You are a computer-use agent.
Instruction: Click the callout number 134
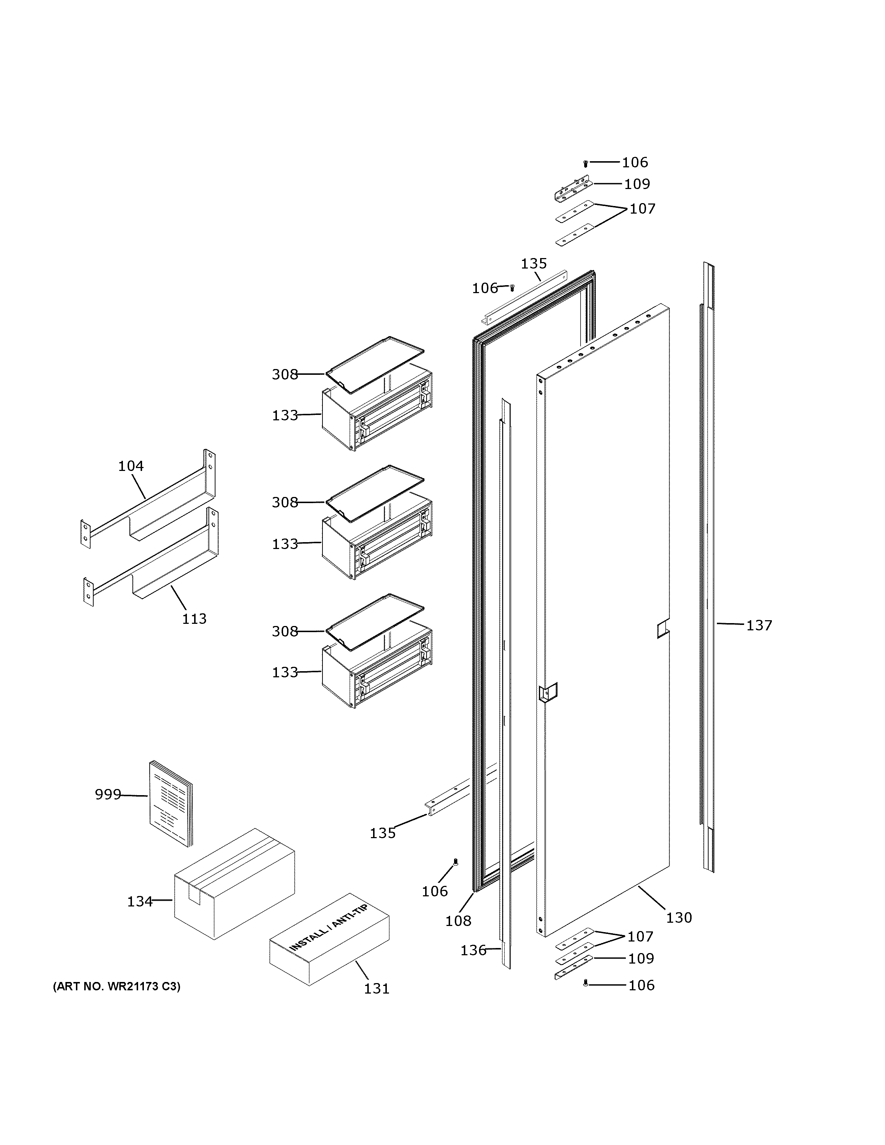(140, 901)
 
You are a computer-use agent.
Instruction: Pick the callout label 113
(194, 619)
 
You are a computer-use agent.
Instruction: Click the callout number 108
(459, 921)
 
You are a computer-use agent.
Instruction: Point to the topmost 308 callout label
(285, 374)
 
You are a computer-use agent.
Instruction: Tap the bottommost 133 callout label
(285, 672)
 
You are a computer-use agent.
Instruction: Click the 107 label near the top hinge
(643, 209)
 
